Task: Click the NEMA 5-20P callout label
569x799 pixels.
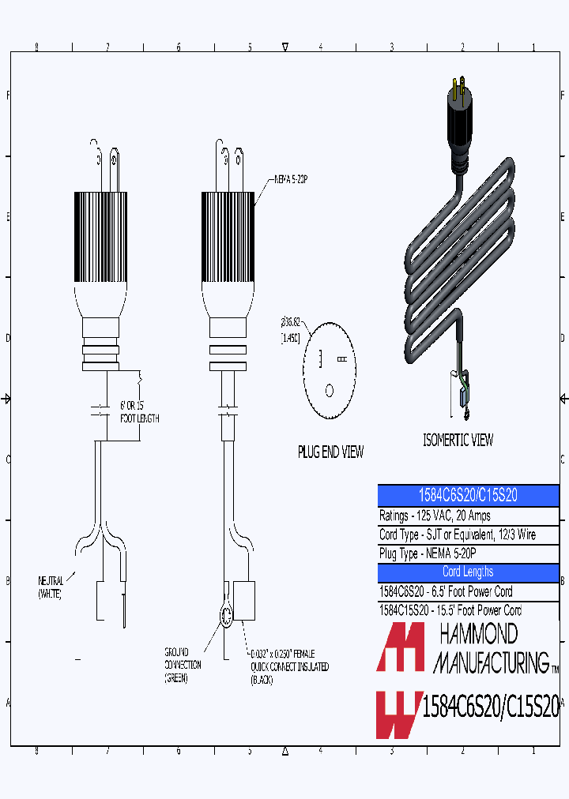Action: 291,178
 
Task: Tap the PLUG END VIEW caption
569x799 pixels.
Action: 330,452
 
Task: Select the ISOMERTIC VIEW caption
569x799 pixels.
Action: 458,441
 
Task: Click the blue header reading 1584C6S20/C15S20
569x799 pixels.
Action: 468,496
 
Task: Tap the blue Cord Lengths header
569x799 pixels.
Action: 468,572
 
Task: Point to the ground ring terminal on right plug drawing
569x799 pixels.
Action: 224,617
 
